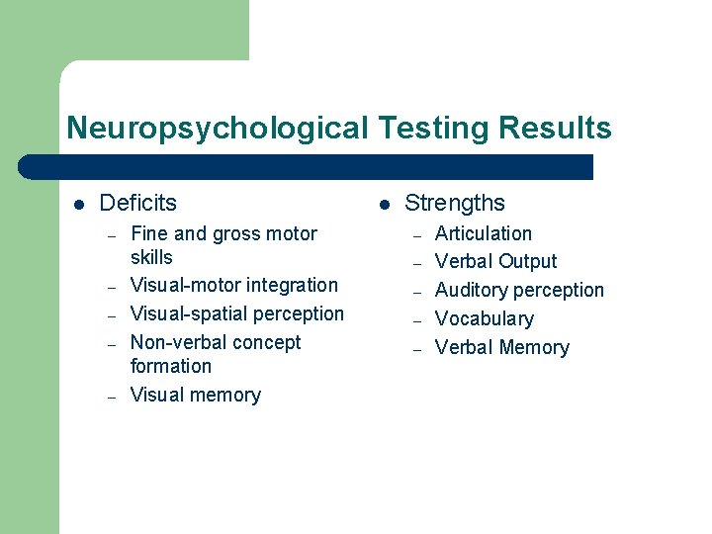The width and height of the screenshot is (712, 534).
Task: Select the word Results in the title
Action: (x=555, y=129)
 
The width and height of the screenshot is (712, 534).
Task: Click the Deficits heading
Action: (x=137, y=203)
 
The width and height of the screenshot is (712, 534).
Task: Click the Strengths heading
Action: (x=454, y=203)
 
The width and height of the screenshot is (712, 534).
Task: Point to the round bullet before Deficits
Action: (x=78, y=204)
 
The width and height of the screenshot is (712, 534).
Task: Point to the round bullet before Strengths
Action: (x=383, y=204)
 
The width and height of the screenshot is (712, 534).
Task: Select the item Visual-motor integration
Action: (x=233, y=285)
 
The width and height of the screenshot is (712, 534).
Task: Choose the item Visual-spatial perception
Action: (x=237, y=313)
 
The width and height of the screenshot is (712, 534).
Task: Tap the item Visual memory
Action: (x=195, y=395)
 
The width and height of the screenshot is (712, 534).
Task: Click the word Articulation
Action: (x=483, y=233)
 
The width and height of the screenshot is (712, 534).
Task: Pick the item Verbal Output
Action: (x=495, y=261)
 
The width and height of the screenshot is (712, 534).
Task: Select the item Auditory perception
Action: (x=519, y=290)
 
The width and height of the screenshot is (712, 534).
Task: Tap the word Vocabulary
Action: (x=484, y=318)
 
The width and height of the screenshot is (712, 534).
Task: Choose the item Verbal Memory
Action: (x=501, y=347)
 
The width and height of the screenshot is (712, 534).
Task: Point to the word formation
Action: (x=170, y=366)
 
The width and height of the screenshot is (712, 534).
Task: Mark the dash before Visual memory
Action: (x=113, y=396)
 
